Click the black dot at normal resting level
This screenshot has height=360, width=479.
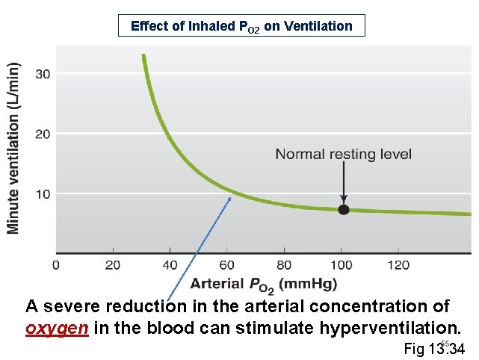coord(343,210)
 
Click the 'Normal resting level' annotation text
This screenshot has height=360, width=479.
coord(343,155)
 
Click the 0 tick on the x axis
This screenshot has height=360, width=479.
coord(56,265)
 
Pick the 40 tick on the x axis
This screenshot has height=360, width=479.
coord(170,265)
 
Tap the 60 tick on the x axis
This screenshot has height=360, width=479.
coord(227,265)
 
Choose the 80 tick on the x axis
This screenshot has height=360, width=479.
coord(284,265)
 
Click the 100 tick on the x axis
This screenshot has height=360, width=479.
coord(341,265)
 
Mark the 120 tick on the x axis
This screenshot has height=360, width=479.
coord(398,265)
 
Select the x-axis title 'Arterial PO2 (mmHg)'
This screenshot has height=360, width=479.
coord(263,284)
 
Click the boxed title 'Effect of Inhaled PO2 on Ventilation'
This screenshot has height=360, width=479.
coord(241,26)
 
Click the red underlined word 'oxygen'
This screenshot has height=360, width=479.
coord(58,329)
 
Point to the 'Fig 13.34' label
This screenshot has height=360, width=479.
coord(434,349)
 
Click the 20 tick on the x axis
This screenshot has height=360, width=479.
coord(113,265)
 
